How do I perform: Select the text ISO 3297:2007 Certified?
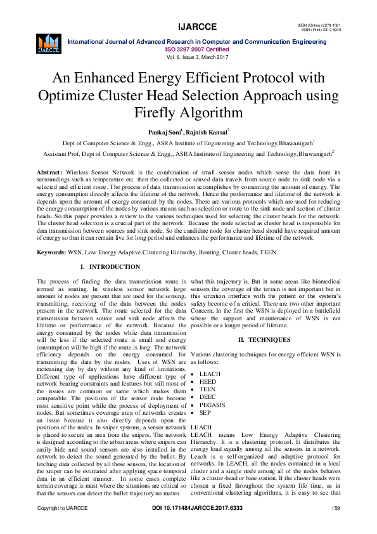[196, 48]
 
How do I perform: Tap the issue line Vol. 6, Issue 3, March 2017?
[196, 56]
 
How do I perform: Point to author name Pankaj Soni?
[164, 132]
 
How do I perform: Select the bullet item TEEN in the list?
[208, 389]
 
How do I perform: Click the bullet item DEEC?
[208, 397]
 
